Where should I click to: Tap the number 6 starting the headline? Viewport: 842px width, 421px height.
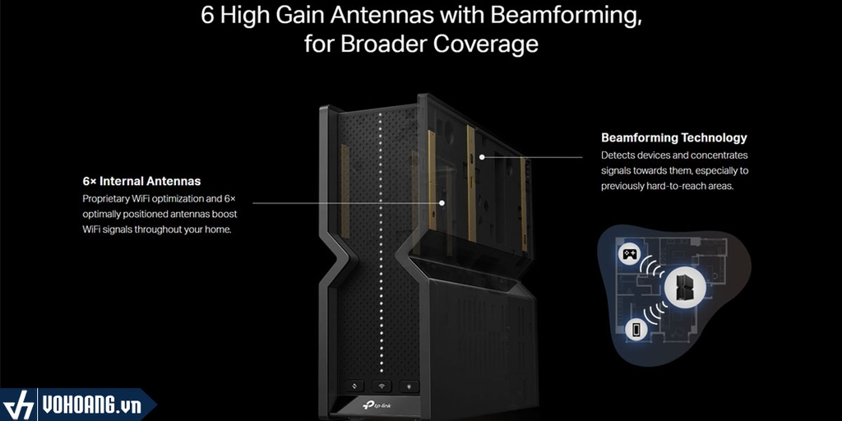(208, 15)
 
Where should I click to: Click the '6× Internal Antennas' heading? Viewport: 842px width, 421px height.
(141, 181)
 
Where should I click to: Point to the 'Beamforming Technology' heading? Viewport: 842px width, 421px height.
(674, 137)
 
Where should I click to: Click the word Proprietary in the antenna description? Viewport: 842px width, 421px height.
(105, 199)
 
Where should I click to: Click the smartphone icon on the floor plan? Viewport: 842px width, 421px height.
(636, 329)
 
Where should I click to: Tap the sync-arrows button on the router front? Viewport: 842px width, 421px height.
(355, 386)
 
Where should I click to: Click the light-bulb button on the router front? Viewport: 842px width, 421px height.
(409, 386)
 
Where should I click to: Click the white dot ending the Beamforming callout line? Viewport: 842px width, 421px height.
(482, 157)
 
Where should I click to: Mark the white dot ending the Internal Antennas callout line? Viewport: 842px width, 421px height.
(442, 203)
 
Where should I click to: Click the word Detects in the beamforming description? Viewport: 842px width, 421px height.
(616, 155)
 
